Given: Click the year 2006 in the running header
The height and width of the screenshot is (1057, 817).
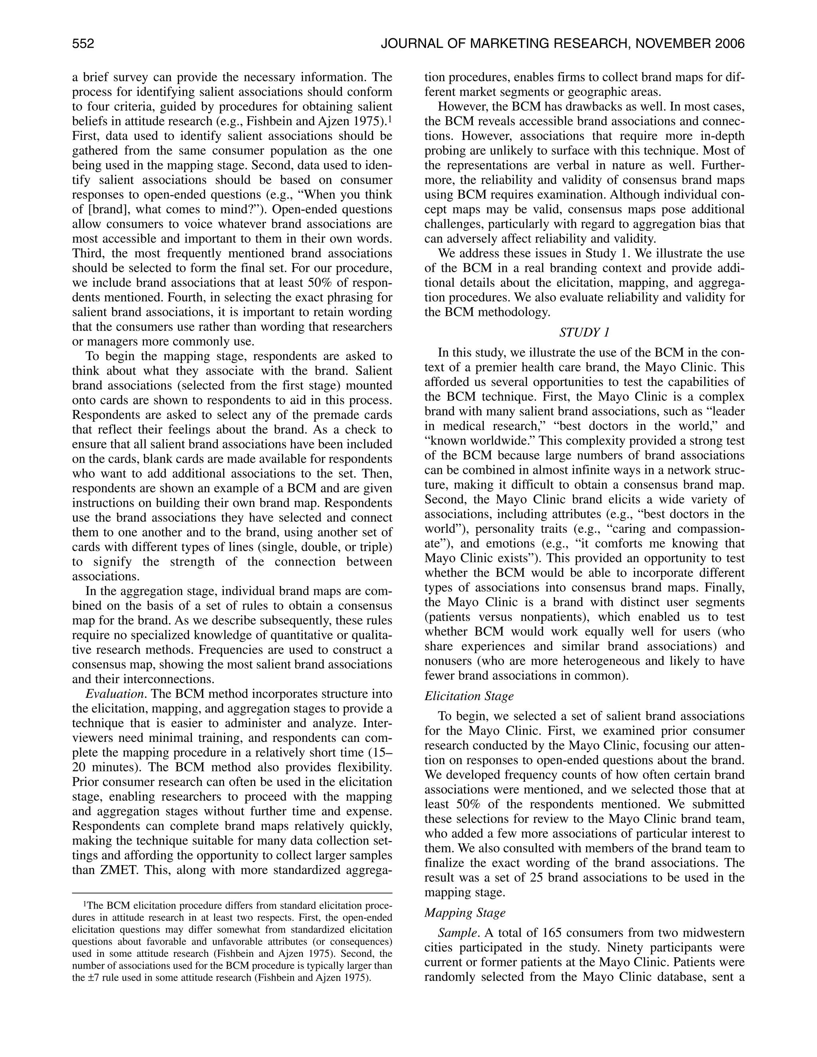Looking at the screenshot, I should point(729,44).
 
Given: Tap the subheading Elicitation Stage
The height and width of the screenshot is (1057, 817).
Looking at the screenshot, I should point(468,696).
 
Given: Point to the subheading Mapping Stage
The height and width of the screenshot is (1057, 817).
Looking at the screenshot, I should point(465,912).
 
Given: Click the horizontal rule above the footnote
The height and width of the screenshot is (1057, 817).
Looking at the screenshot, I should point(232,893).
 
